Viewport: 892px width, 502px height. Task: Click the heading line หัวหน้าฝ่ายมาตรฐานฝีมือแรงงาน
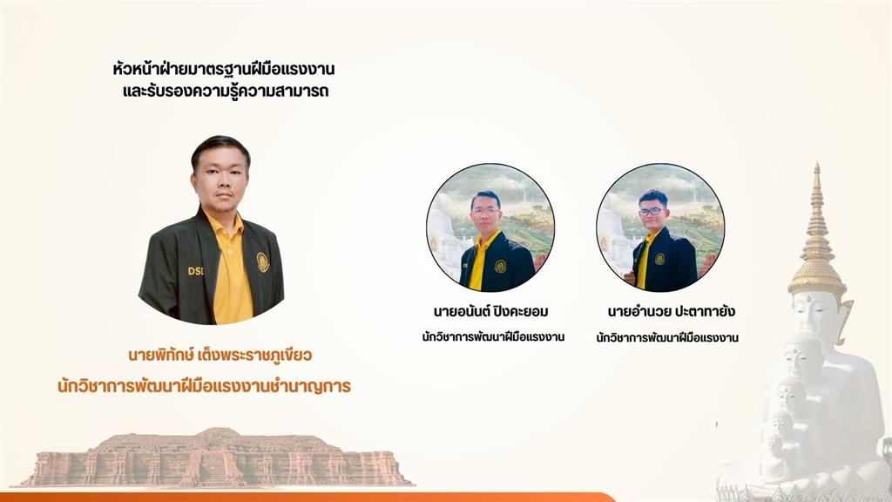224,70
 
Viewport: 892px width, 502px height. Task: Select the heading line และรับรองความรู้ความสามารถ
226,91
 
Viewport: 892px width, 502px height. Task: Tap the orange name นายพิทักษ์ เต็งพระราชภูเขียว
220,356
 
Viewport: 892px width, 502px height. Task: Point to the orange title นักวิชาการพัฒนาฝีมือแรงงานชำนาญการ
204,386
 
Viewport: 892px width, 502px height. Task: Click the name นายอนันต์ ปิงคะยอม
491,311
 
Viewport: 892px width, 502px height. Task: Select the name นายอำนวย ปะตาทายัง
672,311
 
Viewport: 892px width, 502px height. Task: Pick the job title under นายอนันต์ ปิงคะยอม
493,336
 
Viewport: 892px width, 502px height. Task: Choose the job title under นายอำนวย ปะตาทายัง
667,337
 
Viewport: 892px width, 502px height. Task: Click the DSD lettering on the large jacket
196,271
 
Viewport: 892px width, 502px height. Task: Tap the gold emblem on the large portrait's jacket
263,261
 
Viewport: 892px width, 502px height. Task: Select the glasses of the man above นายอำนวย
652,211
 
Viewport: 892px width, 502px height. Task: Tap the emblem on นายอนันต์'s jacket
500,267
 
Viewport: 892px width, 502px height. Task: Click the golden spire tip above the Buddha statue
817,166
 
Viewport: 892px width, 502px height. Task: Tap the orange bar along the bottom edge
307,498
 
